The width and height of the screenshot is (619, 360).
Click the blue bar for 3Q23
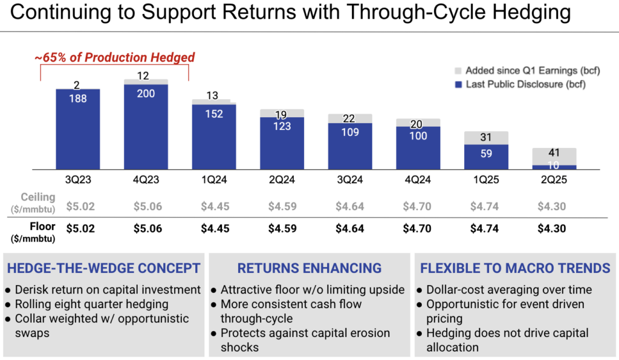[x=78, y=130]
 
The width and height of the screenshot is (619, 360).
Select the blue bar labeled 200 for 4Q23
[x=146, y=127]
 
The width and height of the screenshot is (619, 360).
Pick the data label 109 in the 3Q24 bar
[x=350, y=132]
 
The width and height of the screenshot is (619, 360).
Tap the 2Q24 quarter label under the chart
[x=282, y=179]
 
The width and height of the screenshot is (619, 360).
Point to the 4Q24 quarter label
[x=418, y=179]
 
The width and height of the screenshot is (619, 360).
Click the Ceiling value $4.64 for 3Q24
[x=350, y=206]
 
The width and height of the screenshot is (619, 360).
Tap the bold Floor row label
[x=42, y=227]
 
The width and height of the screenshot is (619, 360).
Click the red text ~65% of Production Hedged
[x=115, y=57]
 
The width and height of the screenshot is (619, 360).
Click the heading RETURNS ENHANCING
[x=309, y=268]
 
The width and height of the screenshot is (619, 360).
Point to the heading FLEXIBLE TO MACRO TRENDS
[x=515, y=268]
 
